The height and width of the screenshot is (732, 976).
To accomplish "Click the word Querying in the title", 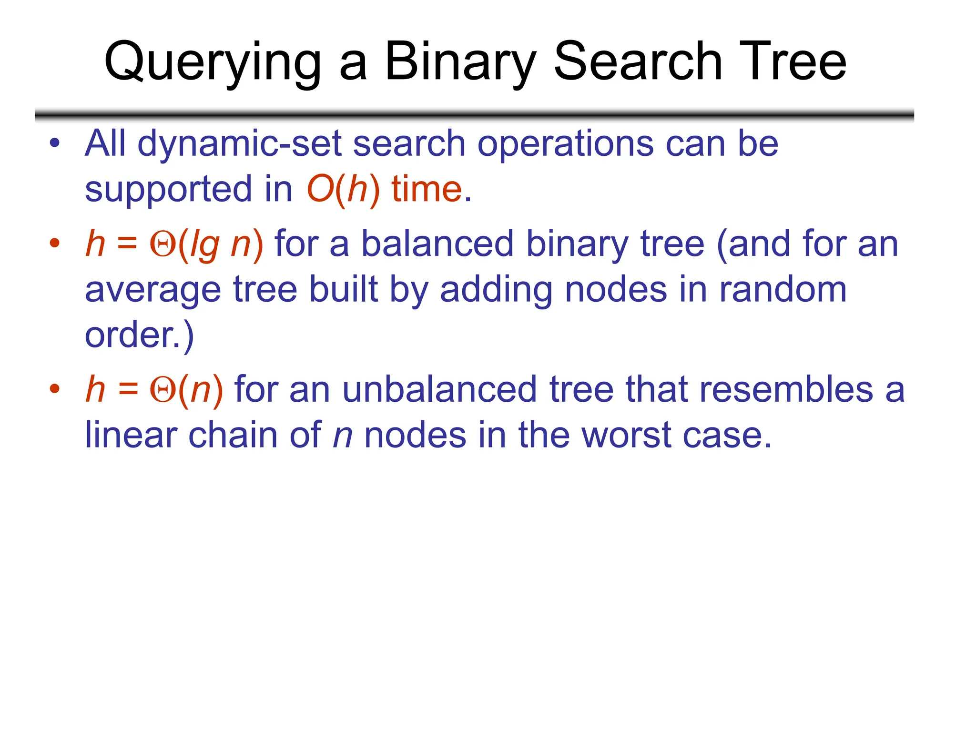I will pyautogui.click(x=213, y=62).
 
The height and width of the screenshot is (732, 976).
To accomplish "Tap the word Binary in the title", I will pyautogui.click(x=460, y=62).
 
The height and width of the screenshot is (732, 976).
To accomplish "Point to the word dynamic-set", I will pyautogui.click(x=239, y=144).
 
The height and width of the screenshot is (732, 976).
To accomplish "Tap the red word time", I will pyautogui.click(x=427, y=189).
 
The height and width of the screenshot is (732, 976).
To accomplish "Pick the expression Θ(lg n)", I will pyautogui.click(x=206, y=244).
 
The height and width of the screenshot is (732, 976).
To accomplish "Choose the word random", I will pyautogui.click(x=783, y=289).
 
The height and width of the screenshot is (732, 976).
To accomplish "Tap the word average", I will pyautogui.click(x=152, y=290).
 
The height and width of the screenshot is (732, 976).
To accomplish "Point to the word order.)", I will pyautogui.click(x=139, y=335).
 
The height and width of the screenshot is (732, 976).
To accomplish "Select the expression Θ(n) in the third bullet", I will pyautogui.click(x=186, y=390).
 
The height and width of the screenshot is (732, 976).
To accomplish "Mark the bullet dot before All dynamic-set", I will pyautogui.click(x=55, y=143).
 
